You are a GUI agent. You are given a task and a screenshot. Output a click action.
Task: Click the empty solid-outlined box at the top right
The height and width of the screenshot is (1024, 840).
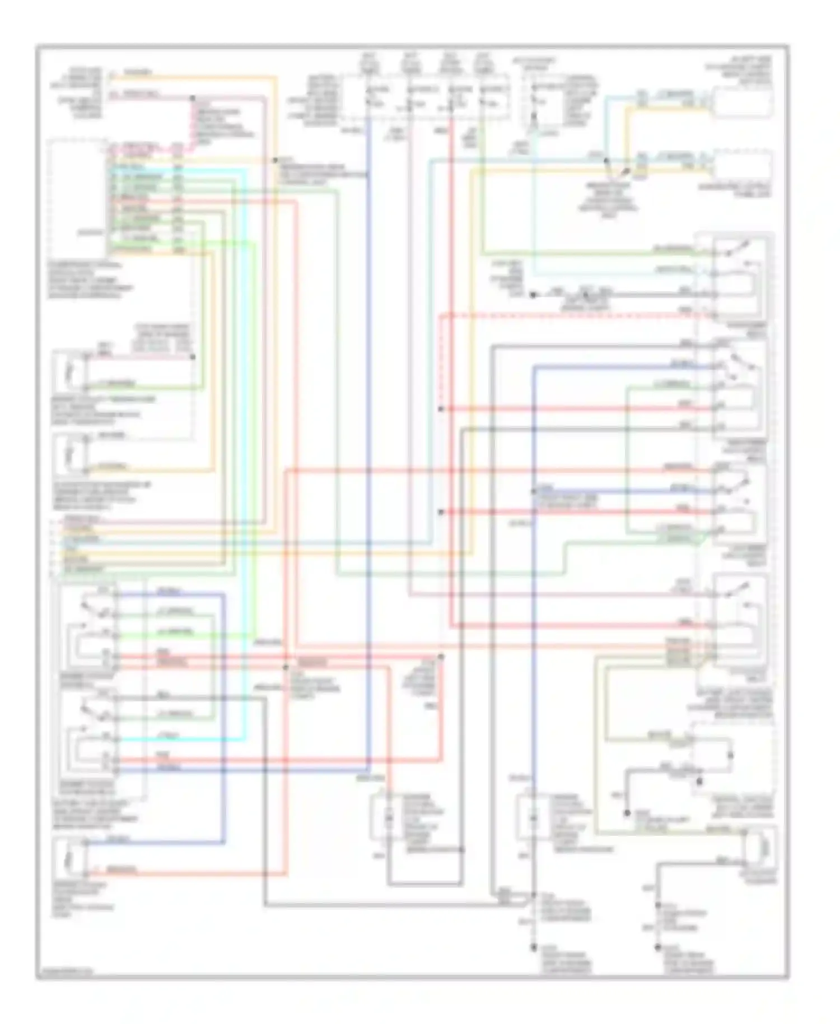[743, 102]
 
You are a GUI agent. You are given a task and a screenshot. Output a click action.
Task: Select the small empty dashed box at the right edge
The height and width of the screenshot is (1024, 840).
[743, 167]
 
